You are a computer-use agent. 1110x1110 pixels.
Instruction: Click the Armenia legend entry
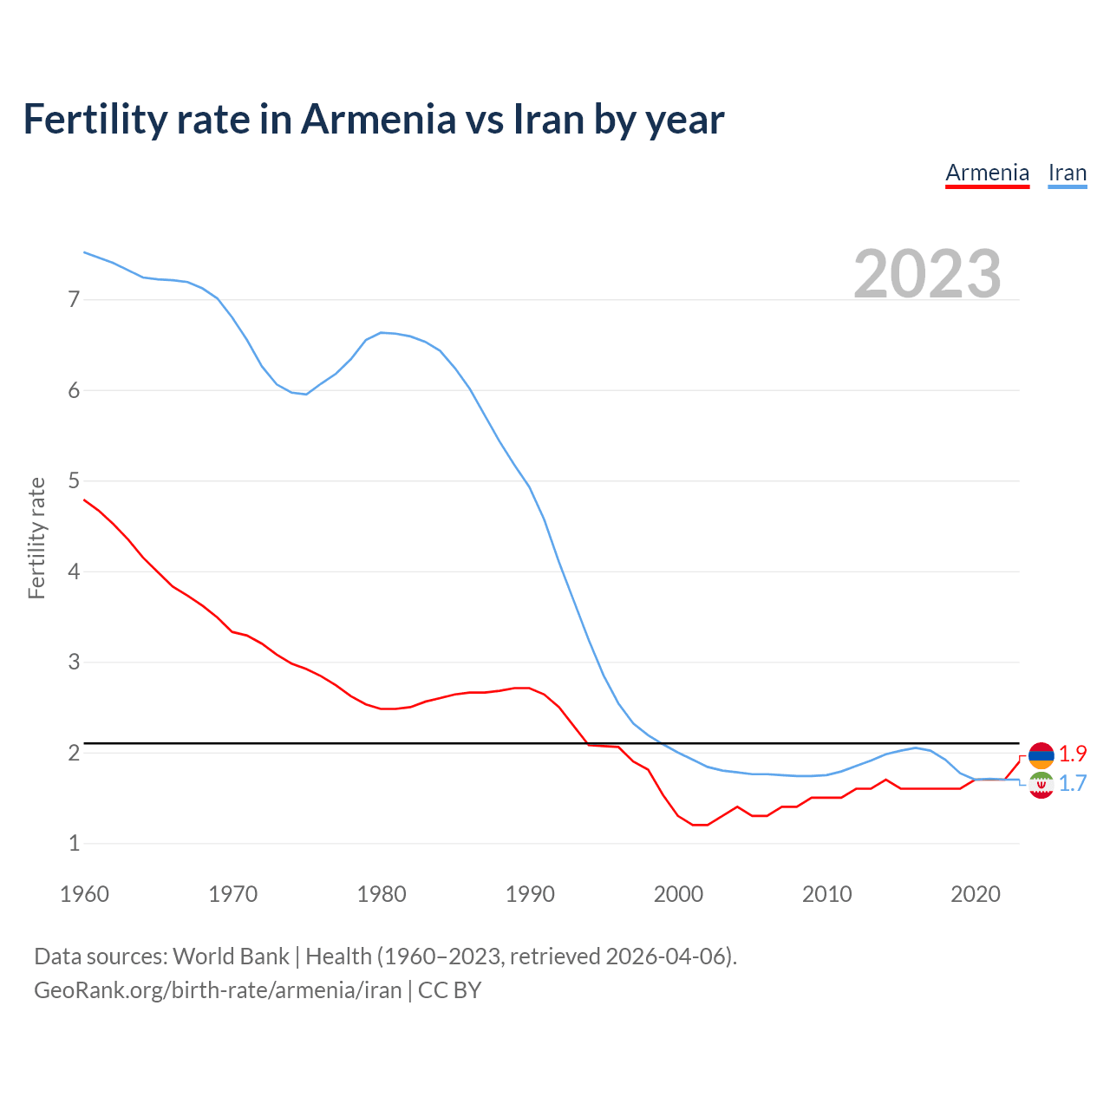[987, 173]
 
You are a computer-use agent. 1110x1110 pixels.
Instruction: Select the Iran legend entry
[1067, 173]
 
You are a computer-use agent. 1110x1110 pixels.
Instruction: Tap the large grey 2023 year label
[927, 274]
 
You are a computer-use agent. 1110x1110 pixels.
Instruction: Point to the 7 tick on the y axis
[74, 300]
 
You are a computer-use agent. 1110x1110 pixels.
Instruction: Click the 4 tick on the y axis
[74, 571]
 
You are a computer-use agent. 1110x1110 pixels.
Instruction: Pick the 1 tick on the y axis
[74, 843]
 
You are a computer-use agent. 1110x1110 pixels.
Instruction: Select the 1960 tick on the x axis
[84, 894]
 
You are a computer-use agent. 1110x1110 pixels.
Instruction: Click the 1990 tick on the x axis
[530, 894]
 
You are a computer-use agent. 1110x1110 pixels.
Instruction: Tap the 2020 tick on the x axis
[976, 894]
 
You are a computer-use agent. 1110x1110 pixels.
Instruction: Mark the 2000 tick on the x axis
[678, 894]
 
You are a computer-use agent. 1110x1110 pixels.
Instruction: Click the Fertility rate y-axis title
[36, 538]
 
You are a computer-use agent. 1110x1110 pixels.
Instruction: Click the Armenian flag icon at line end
[1041, 754]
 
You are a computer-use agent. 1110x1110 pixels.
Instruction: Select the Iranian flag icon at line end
[1041, 785]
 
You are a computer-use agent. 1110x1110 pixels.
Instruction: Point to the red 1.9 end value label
[1073, 754]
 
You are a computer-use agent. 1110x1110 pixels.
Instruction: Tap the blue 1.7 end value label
[1073, 783]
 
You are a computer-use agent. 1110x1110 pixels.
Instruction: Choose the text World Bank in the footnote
[231, 957]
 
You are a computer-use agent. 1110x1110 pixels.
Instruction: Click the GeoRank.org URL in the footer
[218, 990]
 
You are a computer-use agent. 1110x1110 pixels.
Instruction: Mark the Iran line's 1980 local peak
[382, 332]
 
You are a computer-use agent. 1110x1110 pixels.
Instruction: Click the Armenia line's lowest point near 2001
[700, 825]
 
